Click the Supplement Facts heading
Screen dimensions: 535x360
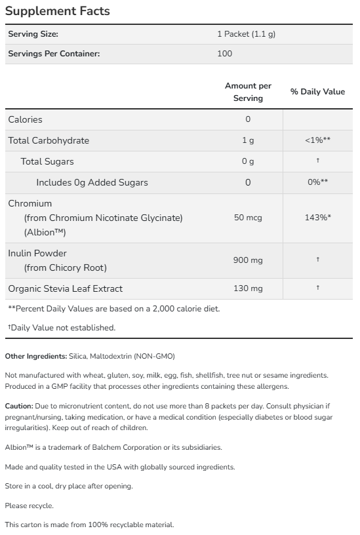58,11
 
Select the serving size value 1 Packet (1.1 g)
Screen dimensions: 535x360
246,34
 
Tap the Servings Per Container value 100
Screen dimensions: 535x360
224,53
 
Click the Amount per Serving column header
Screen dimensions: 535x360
248,92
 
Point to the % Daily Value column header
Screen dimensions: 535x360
317,92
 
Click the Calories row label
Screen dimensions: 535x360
25,119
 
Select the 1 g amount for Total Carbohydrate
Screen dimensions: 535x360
248,140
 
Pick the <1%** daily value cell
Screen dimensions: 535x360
317,140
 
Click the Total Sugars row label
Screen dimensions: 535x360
47,161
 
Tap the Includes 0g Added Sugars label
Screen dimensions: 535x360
92,182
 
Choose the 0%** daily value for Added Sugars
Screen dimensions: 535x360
317,182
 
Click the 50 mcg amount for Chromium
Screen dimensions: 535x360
248,217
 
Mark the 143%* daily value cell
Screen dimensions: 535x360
317,217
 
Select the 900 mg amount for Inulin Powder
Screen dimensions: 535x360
248,260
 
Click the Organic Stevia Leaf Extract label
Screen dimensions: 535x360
65,288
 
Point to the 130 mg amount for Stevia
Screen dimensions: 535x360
248,288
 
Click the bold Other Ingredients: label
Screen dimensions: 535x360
36,356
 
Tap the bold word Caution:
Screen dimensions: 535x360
18,406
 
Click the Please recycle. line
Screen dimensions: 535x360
29,505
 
